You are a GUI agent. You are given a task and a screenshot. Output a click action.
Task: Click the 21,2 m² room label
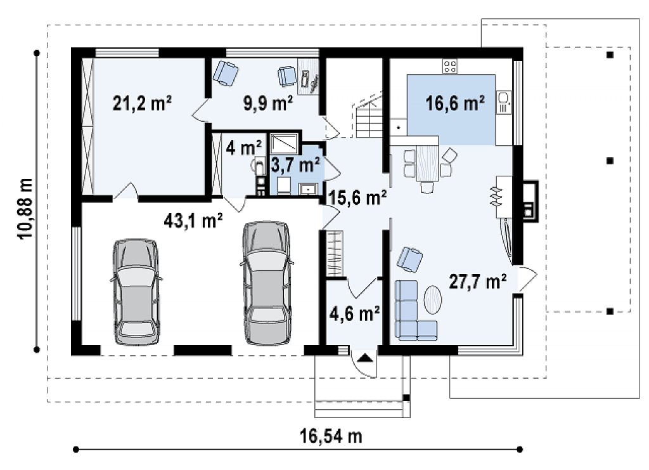coord(143,103)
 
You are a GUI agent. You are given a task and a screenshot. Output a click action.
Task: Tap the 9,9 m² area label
coord(268,103)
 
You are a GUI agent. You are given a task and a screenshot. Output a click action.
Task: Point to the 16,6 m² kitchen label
coord(455,103)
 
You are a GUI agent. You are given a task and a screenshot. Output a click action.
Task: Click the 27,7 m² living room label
coord(478,282)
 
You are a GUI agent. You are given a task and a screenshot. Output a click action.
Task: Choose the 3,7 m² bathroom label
coord(295,165)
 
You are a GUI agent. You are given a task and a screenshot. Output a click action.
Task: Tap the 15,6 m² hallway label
coord(357,197)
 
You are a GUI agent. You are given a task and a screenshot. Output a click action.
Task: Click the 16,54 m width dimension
coord(331,436)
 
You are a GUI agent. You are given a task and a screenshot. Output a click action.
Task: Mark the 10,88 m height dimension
coord(25,208)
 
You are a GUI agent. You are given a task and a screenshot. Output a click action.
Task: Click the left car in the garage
coord(136,292)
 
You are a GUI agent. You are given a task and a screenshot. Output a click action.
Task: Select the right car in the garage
coord(267,284)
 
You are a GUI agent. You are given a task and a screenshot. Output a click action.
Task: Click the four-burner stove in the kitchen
coord(451,67)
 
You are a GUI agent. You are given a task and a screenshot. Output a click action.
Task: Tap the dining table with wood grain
coord(428,162)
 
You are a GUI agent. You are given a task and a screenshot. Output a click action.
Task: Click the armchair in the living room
coord(410,259)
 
